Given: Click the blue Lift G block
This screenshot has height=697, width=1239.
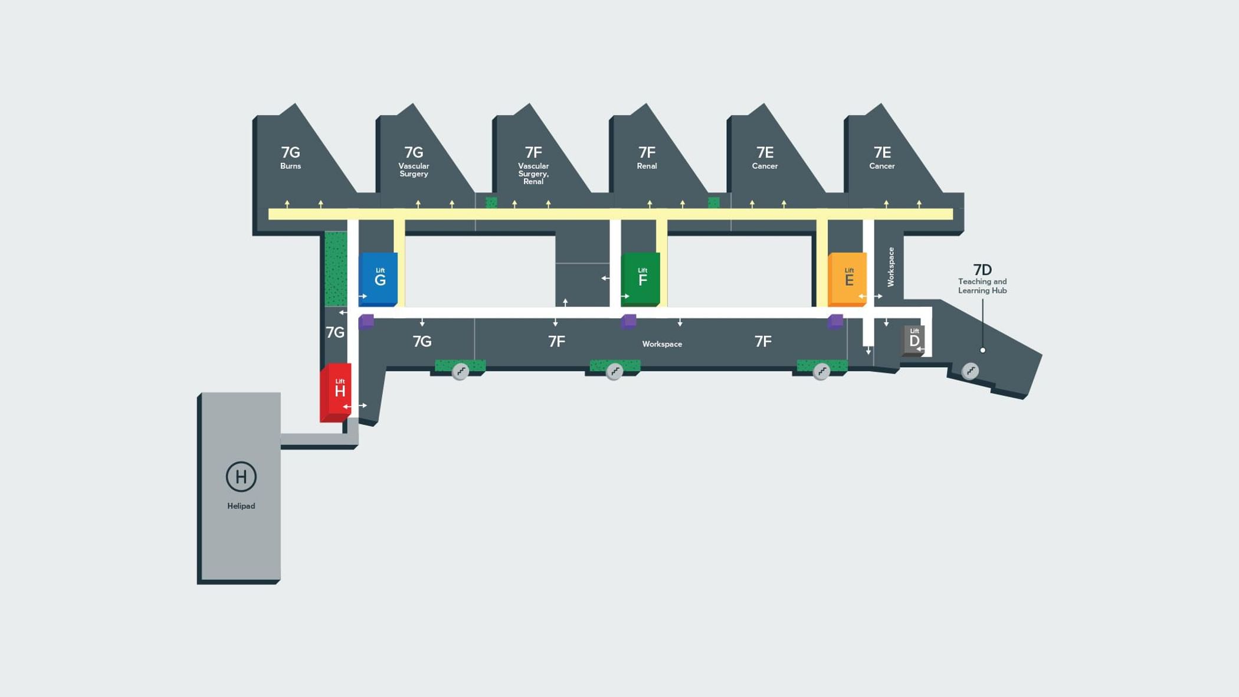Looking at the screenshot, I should (378, 278).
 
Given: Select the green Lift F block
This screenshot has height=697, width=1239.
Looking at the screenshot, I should (641, 278).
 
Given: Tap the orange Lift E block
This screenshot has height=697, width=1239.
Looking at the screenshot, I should (848, 278).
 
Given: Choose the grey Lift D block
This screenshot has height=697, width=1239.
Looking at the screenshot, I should (913, 339).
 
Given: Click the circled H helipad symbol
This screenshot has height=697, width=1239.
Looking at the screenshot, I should (241, 476).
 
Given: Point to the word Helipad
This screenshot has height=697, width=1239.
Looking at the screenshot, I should (241, 506).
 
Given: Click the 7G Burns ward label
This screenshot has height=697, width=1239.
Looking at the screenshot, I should (290, 158).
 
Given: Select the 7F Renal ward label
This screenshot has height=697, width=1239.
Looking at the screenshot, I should (647, 158).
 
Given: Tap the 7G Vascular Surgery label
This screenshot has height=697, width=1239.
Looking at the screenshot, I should (414, 161).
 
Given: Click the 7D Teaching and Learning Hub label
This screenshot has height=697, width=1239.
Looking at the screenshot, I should (982, 279).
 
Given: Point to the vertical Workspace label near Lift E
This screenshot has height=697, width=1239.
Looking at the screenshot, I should (891, 267).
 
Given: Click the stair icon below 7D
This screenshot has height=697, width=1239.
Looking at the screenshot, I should (970, 371).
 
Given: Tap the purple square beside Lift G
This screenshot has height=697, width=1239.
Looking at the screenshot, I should (366, 322).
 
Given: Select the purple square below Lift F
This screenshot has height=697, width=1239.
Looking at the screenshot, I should (629, 322).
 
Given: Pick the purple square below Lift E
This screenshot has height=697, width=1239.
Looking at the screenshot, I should (835, 322).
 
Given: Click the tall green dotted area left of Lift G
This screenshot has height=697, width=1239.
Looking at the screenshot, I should (336, 269).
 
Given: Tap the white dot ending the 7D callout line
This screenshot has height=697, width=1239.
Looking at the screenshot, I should (982, 350).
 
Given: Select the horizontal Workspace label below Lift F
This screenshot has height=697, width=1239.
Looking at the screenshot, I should (662, 344).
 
